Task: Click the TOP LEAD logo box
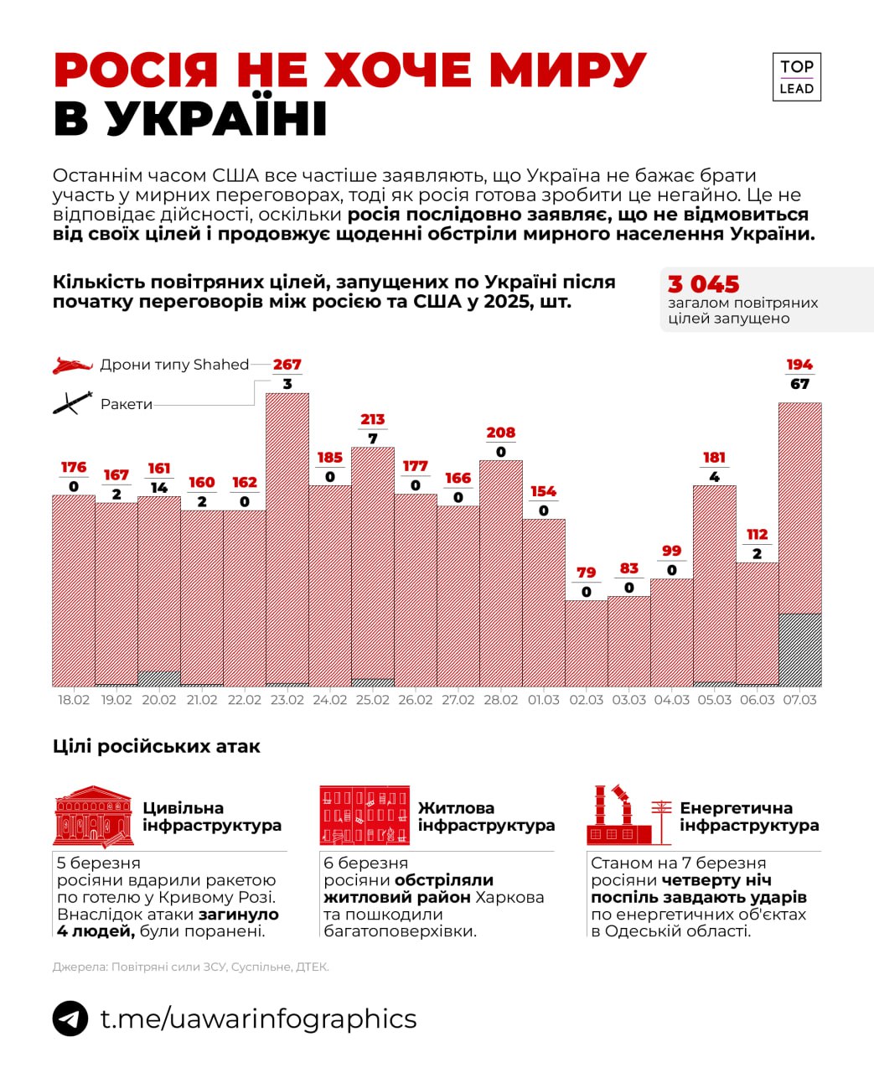pos(796,77)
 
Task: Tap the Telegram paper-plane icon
pos(70,1019)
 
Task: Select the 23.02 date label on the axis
pos(287,700)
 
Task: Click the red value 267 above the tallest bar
pos(287,365)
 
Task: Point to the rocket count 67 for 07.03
pos(799,384)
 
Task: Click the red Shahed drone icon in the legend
pos(73,365)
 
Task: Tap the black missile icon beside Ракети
pos(73,403)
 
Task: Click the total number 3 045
pos(703,284)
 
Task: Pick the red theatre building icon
pos(93,816)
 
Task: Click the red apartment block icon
pos(365,815)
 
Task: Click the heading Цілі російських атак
pos(156,746)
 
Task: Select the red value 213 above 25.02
pos(372,419)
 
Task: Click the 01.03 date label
pos(543,700)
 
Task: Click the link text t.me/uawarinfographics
pos(258,1019)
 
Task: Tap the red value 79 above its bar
pos(586,573)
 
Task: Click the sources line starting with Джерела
pos(190,967)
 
